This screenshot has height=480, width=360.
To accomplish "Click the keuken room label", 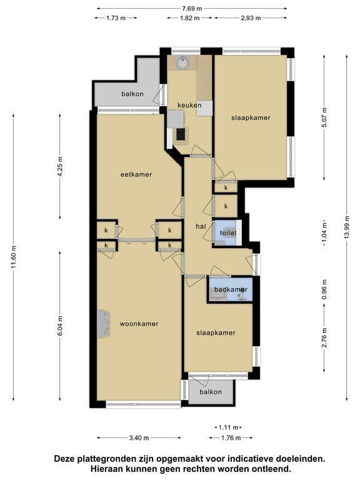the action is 189,105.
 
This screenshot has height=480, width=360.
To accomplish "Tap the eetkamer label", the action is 136,174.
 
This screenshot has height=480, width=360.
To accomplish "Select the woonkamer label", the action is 139,324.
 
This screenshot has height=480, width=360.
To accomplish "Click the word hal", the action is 201,226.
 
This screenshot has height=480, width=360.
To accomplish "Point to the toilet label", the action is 228,233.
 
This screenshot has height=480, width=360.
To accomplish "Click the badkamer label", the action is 231,289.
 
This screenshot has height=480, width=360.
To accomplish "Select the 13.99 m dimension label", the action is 346,227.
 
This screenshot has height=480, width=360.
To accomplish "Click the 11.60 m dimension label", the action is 14,257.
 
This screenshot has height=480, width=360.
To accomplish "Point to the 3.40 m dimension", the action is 139,437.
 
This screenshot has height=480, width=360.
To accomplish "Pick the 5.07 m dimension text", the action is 324,117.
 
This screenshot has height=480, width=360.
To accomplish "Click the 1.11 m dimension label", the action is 228,427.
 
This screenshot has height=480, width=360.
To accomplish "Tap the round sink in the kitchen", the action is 182,62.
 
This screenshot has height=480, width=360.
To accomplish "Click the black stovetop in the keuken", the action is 181,134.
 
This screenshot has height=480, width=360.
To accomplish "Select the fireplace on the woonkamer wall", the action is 104,324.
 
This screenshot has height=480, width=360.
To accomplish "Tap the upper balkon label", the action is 132,94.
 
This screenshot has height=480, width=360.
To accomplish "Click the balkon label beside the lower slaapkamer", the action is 211,392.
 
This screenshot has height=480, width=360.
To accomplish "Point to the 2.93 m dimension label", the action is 251,17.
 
